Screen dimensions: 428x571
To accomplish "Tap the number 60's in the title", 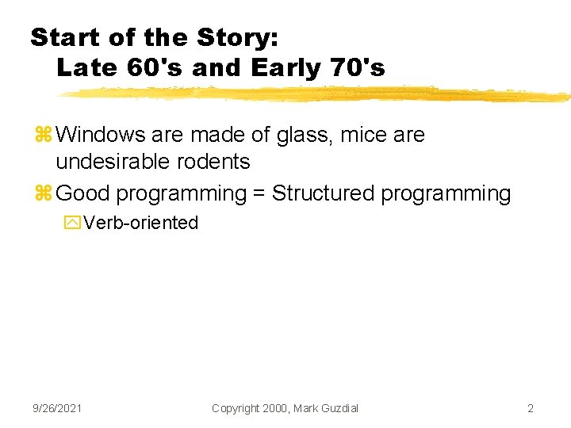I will [155, 68].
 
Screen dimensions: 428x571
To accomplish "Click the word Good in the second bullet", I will [81, 193].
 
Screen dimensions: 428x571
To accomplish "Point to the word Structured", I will [323, 193].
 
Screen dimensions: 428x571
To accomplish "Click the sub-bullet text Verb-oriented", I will [140, 223].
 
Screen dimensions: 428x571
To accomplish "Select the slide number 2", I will [530, 408].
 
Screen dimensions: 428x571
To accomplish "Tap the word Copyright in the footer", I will [236, 408].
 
